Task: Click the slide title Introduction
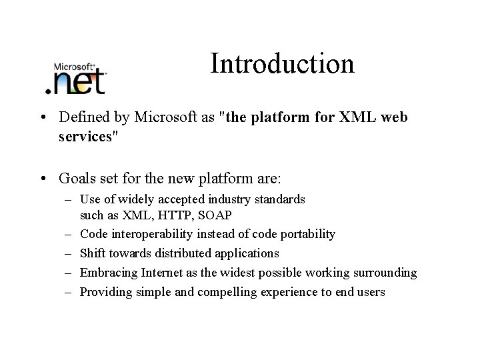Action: click(x=282, y=64)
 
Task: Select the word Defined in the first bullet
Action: click(x=82, y=117)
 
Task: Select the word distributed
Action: click(x=181, y=253)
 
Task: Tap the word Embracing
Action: click(x=106, y=273)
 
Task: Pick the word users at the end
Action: click(x=370, y=292)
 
